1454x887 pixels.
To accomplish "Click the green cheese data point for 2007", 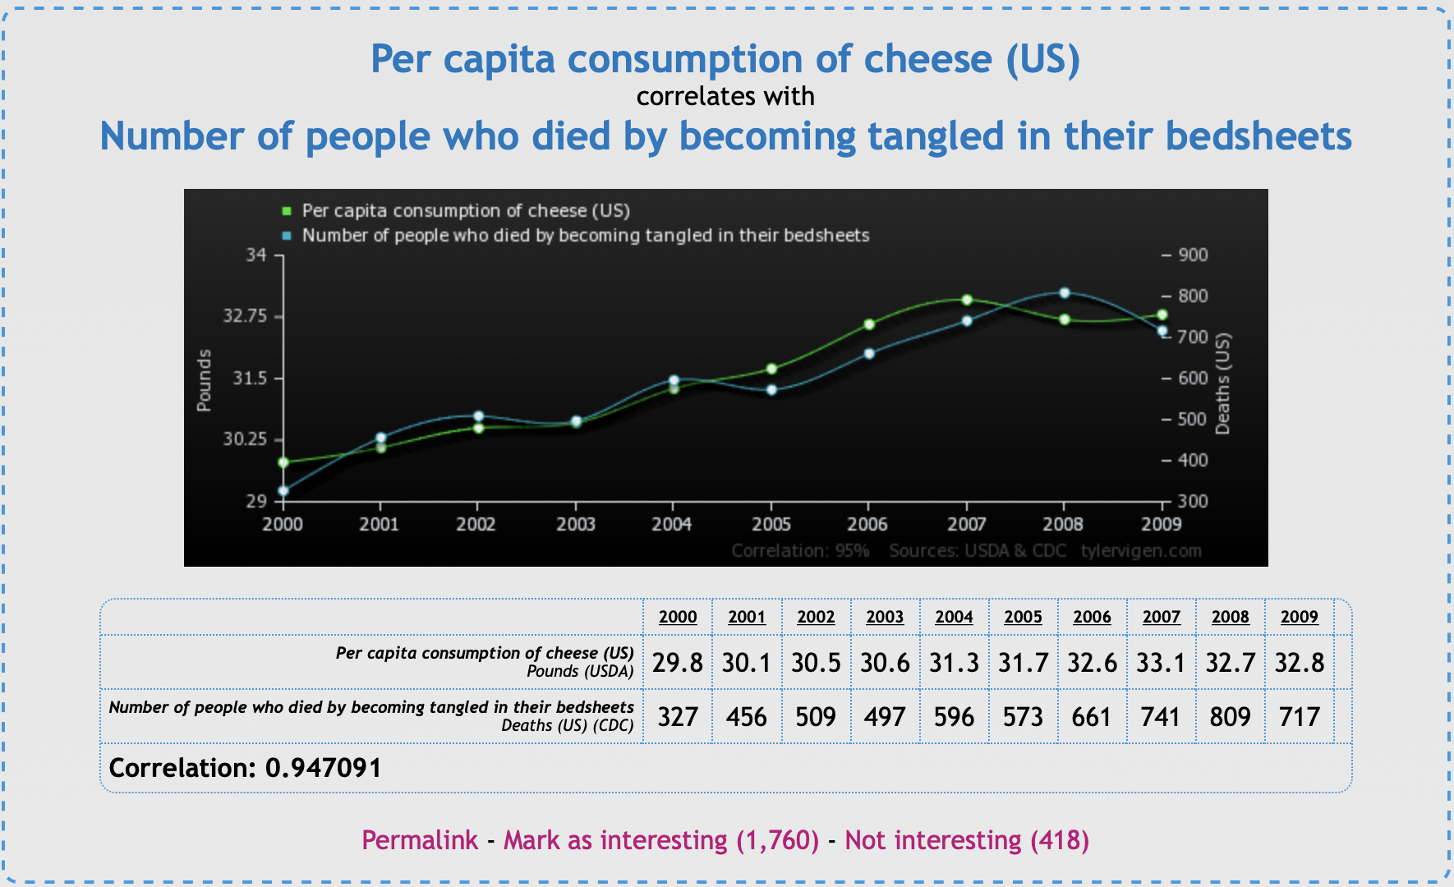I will click(967, 300).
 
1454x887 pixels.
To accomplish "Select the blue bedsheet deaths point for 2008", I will click(1065, 292).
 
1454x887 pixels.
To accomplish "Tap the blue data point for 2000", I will click(283, 491).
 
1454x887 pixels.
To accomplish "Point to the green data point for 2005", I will click(771, 369).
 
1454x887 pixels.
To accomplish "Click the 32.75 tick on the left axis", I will click(245, 316).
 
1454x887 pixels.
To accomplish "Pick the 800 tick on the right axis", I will click(1193, 296).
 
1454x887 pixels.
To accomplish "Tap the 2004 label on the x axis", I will click(672, 524).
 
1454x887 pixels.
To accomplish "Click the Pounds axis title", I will click(204, 379).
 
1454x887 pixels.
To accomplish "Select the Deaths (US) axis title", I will click(1222, 384).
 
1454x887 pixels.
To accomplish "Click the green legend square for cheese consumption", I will click(287, 211).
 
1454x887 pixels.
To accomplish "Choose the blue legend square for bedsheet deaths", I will click(287, 236).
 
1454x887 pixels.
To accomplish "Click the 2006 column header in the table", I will click(1092, 617).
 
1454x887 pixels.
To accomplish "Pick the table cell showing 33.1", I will click(1161, 662).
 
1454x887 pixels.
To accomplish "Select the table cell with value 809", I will click(1230, 716).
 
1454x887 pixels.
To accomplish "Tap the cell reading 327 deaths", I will click(678, 716).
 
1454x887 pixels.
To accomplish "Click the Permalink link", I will click(420, 840).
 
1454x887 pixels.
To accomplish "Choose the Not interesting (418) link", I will click(967, 840).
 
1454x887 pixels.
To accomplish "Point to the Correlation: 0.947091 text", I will click(245, 768).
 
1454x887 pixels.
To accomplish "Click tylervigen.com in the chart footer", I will click(1141, 550).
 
